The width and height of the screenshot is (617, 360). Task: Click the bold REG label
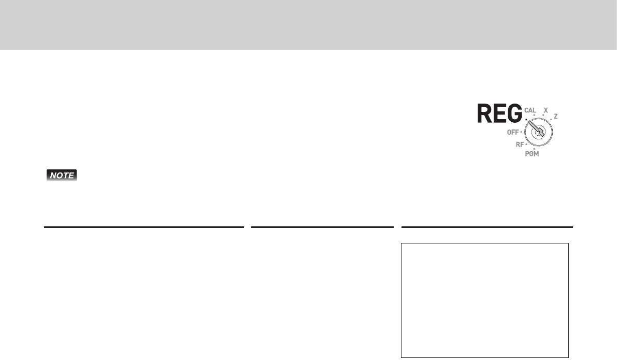point(499,114)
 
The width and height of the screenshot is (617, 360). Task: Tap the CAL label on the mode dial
point(530,110)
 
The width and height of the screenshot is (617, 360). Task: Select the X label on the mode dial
point(545,110)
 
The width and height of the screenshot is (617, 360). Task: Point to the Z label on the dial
point(556,117)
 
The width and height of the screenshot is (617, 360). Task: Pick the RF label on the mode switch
point(520,145)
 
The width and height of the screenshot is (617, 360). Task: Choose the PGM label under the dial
point(532,155)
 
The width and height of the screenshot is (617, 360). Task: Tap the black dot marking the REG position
point(525,120)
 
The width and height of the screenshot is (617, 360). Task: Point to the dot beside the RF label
point(526,142)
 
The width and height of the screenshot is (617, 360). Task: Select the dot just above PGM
point(534,149)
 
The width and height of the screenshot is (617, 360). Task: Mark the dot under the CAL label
point(534,116)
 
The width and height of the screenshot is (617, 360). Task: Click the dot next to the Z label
point(551,120)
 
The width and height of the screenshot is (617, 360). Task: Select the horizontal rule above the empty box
point(487,227)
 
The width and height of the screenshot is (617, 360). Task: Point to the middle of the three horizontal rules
point(322,227)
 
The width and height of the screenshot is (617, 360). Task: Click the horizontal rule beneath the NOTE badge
point(144,227)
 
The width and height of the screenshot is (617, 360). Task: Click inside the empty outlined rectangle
point(485,300)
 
